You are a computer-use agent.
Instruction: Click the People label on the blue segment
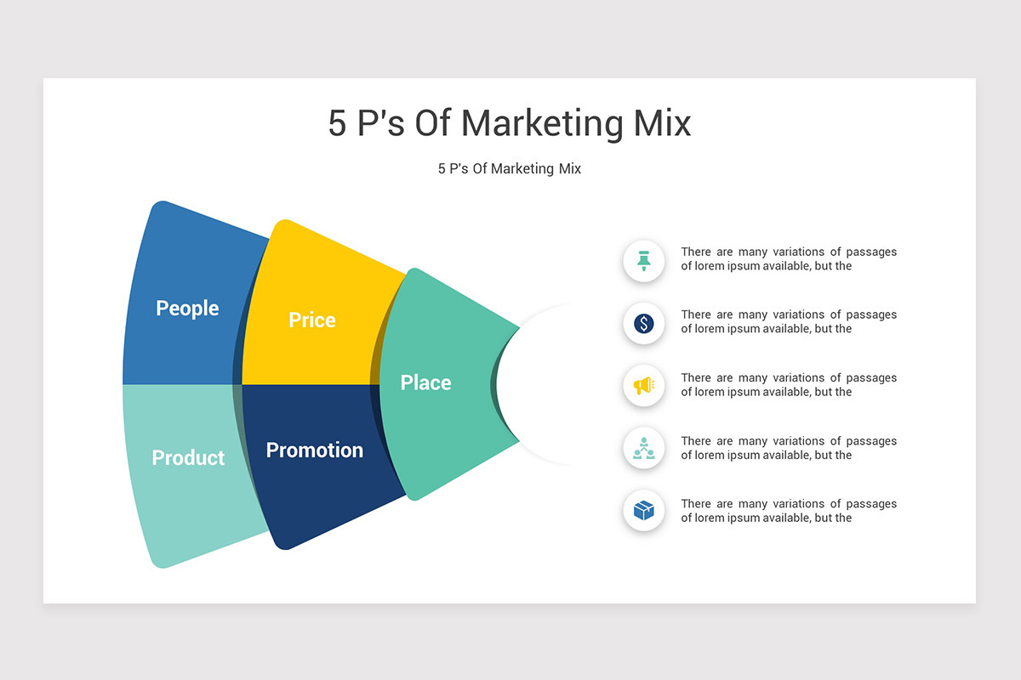[x=187, y=309]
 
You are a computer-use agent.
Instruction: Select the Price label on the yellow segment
[x=312, y=320]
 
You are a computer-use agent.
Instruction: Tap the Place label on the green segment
[x=425, y=382]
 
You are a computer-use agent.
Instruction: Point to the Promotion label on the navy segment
[x=315, y=450]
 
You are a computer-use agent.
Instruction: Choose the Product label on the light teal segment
[x=188, y=458]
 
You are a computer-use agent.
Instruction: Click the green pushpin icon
[x=643, y=261]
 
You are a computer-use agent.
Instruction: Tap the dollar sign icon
[x=643, y=324]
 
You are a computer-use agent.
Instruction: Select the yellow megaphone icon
[x=644, y=386]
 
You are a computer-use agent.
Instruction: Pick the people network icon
[x=643, y=448]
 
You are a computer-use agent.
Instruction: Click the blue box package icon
[x=643, y=511]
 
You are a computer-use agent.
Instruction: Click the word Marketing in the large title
[x=542, y=124]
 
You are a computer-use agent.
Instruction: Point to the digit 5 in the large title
[x=337, y=123]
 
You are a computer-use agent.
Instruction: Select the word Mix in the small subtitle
[x=570, y=168]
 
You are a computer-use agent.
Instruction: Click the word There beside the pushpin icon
[x=696, y=252]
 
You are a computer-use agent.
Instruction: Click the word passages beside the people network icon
[x=871, y=442]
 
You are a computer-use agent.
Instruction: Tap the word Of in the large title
[x=432, y=123]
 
